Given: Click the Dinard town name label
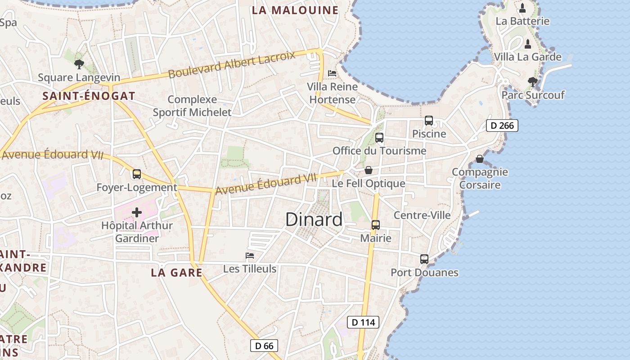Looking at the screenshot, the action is click(314, 220).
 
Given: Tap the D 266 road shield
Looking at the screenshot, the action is click(502, 126).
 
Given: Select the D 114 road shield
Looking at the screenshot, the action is click(363, 322).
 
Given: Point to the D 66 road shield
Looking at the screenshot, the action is click(264, 346).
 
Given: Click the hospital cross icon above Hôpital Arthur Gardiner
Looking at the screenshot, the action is click(137, 212).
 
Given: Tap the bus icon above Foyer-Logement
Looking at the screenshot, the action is click(137, 174).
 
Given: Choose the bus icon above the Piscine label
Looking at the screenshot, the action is click(429, 121).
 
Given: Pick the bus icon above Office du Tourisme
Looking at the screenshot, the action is click(379, 138).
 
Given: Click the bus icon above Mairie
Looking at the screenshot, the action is click(376, 225).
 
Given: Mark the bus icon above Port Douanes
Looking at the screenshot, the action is click(424, 259).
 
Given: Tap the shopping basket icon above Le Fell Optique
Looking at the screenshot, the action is click(369, 170).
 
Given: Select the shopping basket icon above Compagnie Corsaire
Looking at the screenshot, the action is click(480, 159).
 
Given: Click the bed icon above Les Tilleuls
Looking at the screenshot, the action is click(250, 256).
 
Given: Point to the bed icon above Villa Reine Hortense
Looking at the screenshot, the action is click(332, 73).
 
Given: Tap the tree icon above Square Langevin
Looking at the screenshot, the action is click(79, 64).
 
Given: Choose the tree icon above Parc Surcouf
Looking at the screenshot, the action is click(533, 81).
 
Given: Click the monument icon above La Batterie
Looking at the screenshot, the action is click(522, 8).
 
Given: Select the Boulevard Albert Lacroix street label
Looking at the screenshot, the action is click(232, 65).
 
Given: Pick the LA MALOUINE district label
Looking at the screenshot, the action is click(295, 10).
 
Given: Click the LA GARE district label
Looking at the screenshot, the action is click(176, 272).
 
